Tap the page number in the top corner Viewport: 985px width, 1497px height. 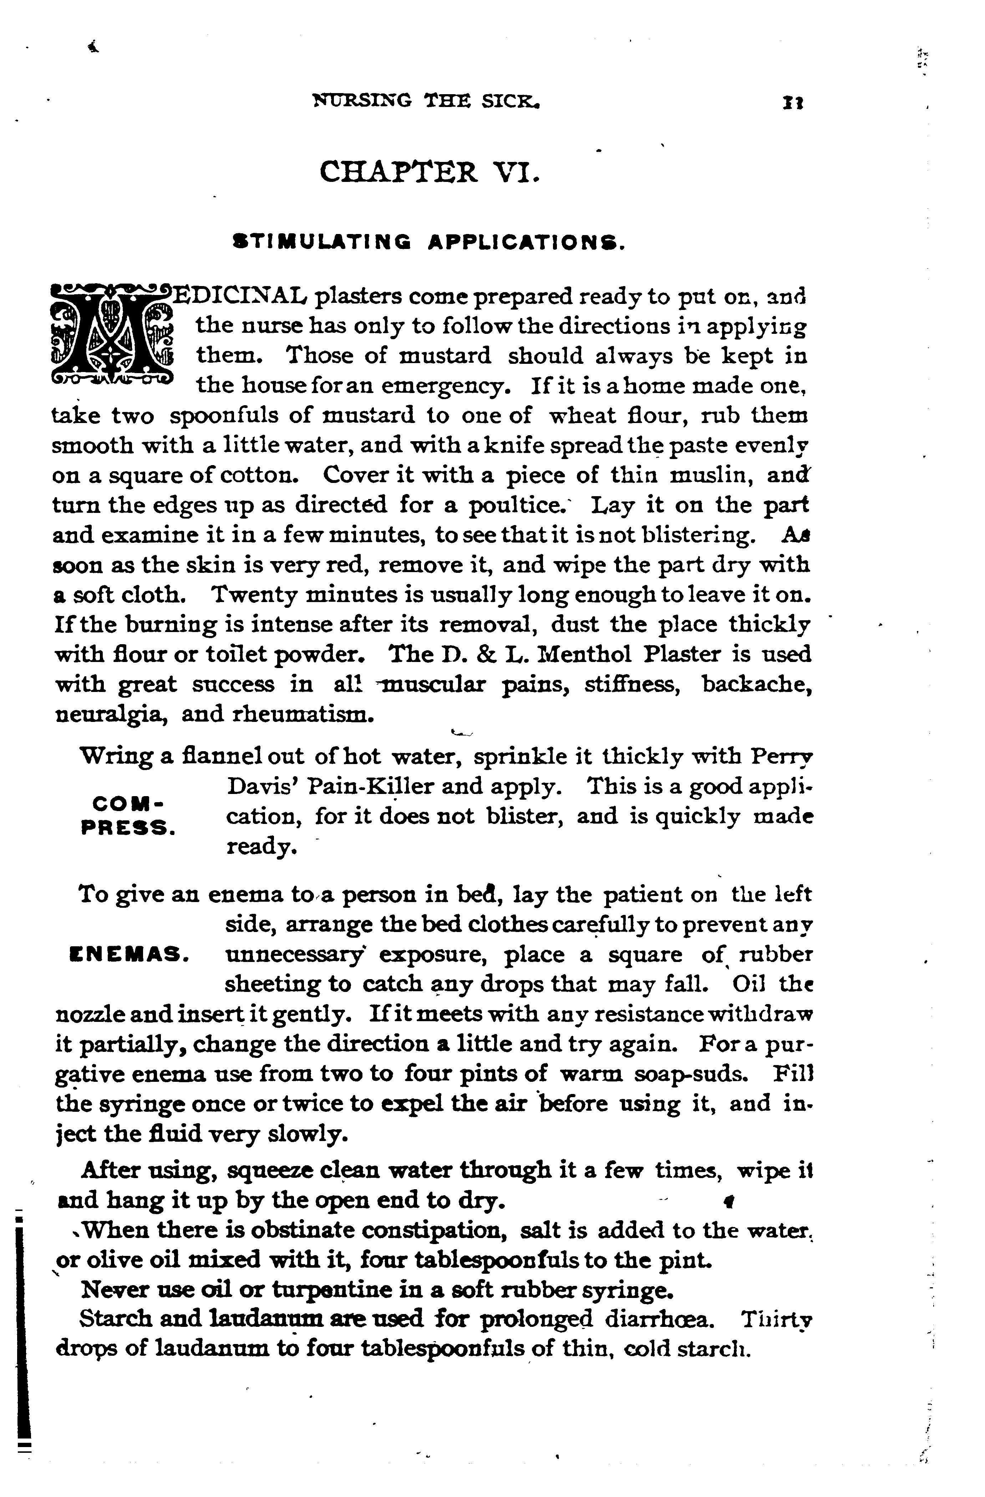[x=790, y=102]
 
